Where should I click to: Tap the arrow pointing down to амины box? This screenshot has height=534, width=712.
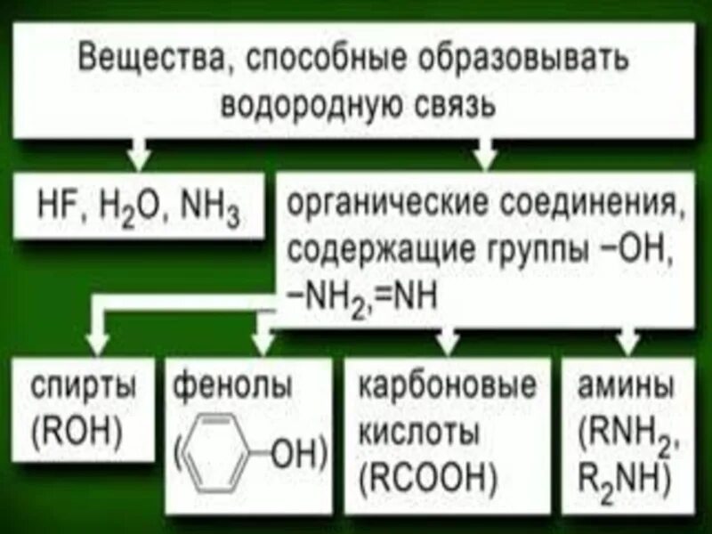coord(628,342)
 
